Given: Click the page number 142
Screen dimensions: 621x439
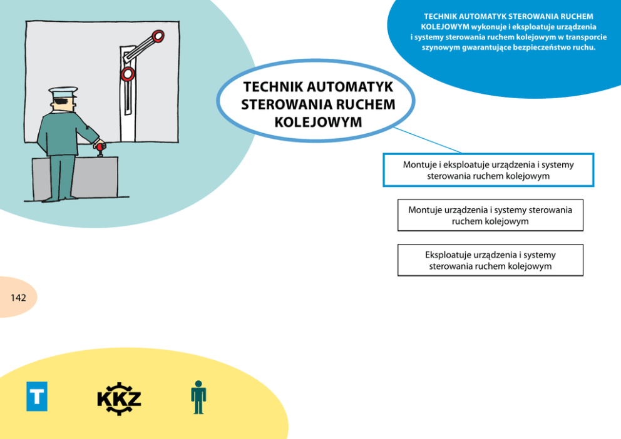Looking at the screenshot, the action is [x=18, y=298].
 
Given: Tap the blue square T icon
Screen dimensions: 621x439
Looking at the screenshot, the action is [x=37, y=396].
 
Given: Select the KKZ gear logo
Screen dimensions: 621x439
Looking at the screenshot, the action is [x=119, y=398].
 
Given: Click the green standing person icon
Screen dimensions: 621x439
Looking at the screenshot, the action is [x=198, y=397].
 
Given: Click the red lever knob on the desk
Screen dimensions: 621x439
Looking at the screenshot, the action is [x=100, y=146].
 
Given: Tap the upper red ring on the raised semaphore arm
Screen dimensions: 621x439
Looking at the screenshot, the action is [x=158, y=36].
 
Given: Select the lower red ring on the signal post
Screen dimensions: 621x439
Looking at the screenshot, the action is [x=128, y=74].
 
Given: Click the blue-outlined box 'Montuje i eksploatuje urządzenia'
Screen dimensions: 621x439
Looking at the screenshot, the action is [x=488, y=170].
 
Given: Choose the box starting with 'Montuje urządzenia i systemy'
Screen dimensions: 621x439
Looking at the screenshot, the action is [x=490, y=215].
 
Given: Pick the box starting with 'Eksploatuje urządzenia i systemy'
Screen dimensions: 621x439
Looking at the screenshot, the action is [x=490, y=260].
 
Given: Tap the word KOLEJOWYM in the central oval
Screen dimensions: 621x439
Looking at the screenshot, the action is [x=318, y=122].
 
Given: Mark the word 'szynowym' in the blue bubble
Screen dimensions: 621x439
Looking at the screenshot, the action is [x=441, y=47].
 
